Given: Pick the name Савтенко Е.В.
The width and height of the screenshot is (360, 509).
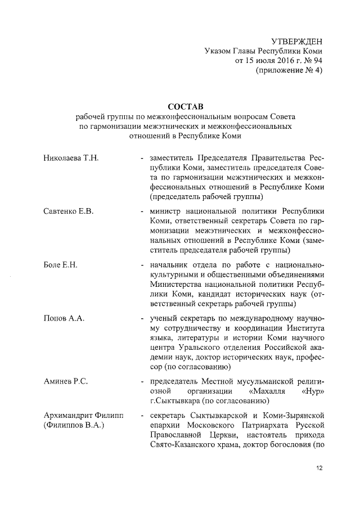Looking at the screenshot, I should [x=68, y=211].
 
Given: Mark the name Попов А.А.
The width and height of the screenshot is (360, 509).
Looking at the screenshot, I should [x=64, y=319].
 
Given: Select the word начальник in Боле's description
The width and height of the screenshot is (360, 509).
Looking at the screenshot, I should [x=169, y=265].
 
